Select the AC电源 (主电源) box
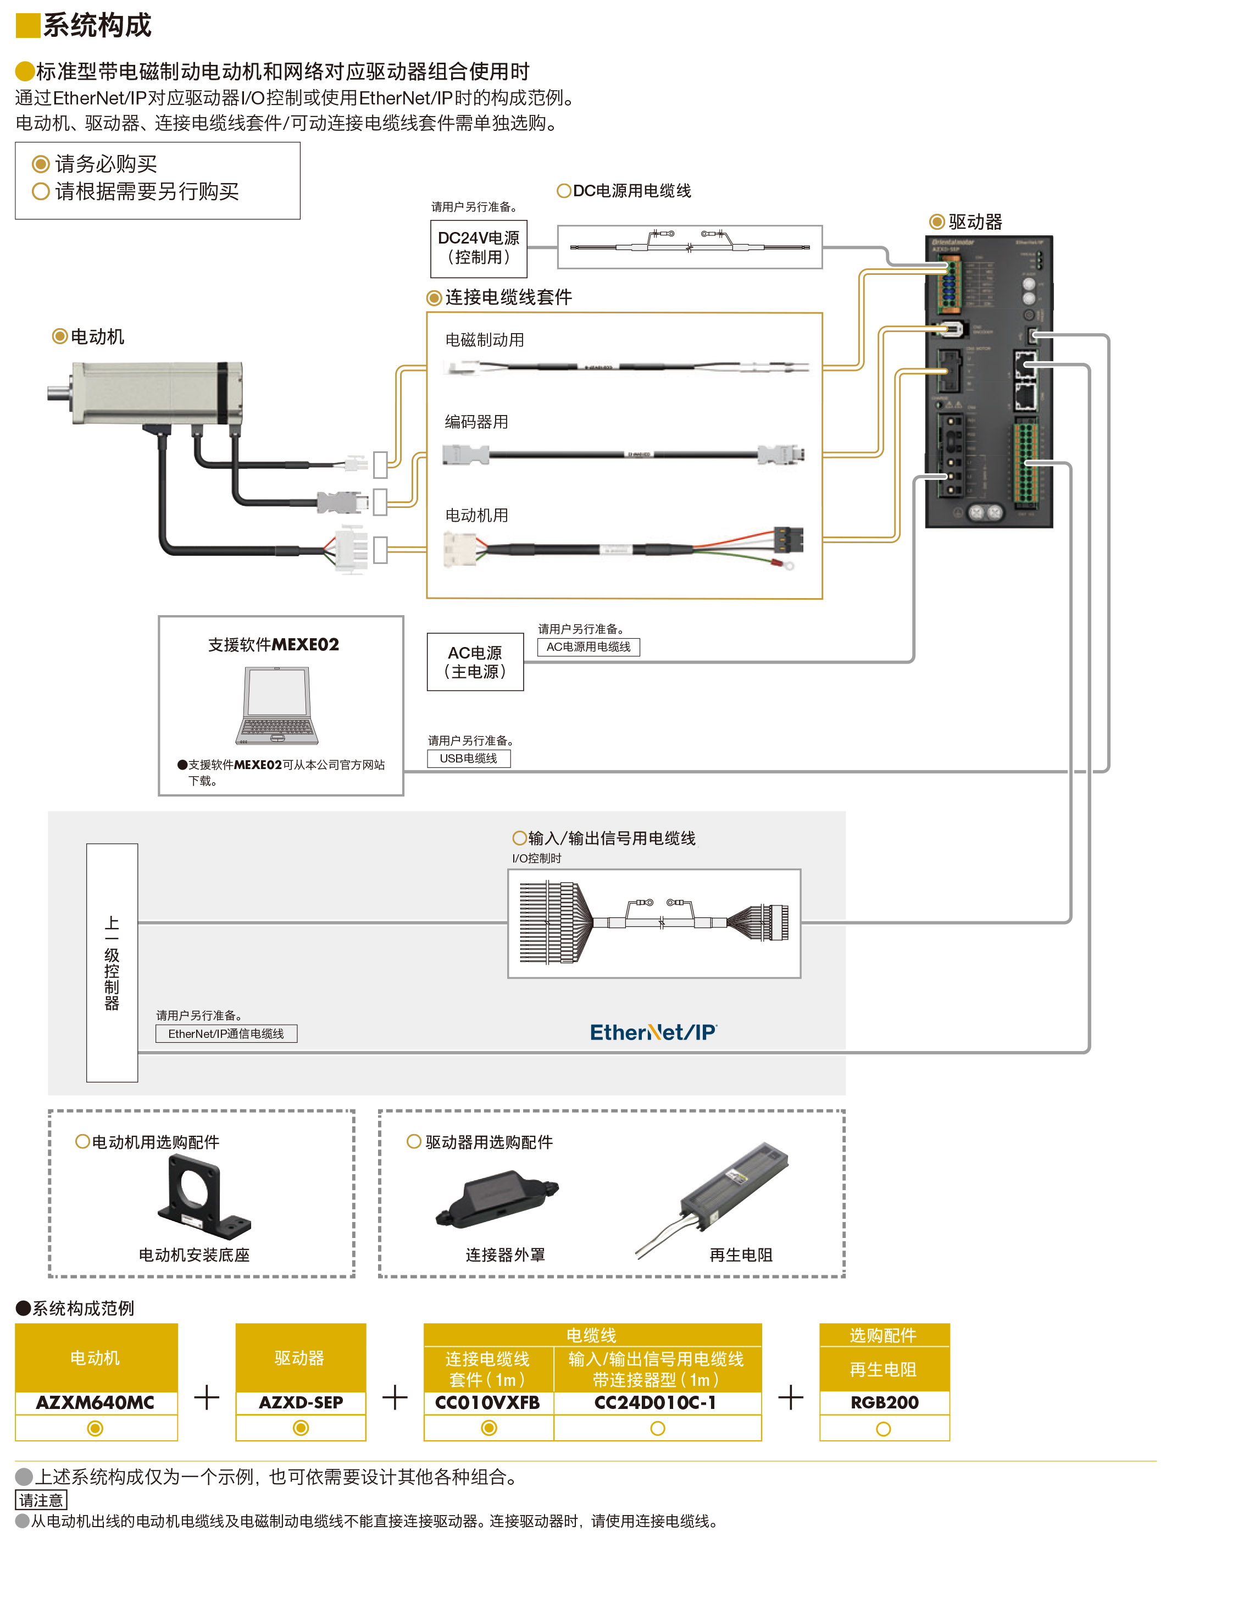point(475,662)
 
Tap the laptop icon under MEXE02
point(277,705)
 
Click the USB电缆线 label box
point(468,758)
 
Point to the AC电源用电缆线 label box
point(588,646)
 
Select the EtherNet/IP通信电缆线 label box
point(226,1033)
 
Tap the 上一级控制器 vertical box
point(112,962)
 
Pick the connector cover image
point(497,1198)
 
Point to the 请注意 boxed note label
point(41,1500)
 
